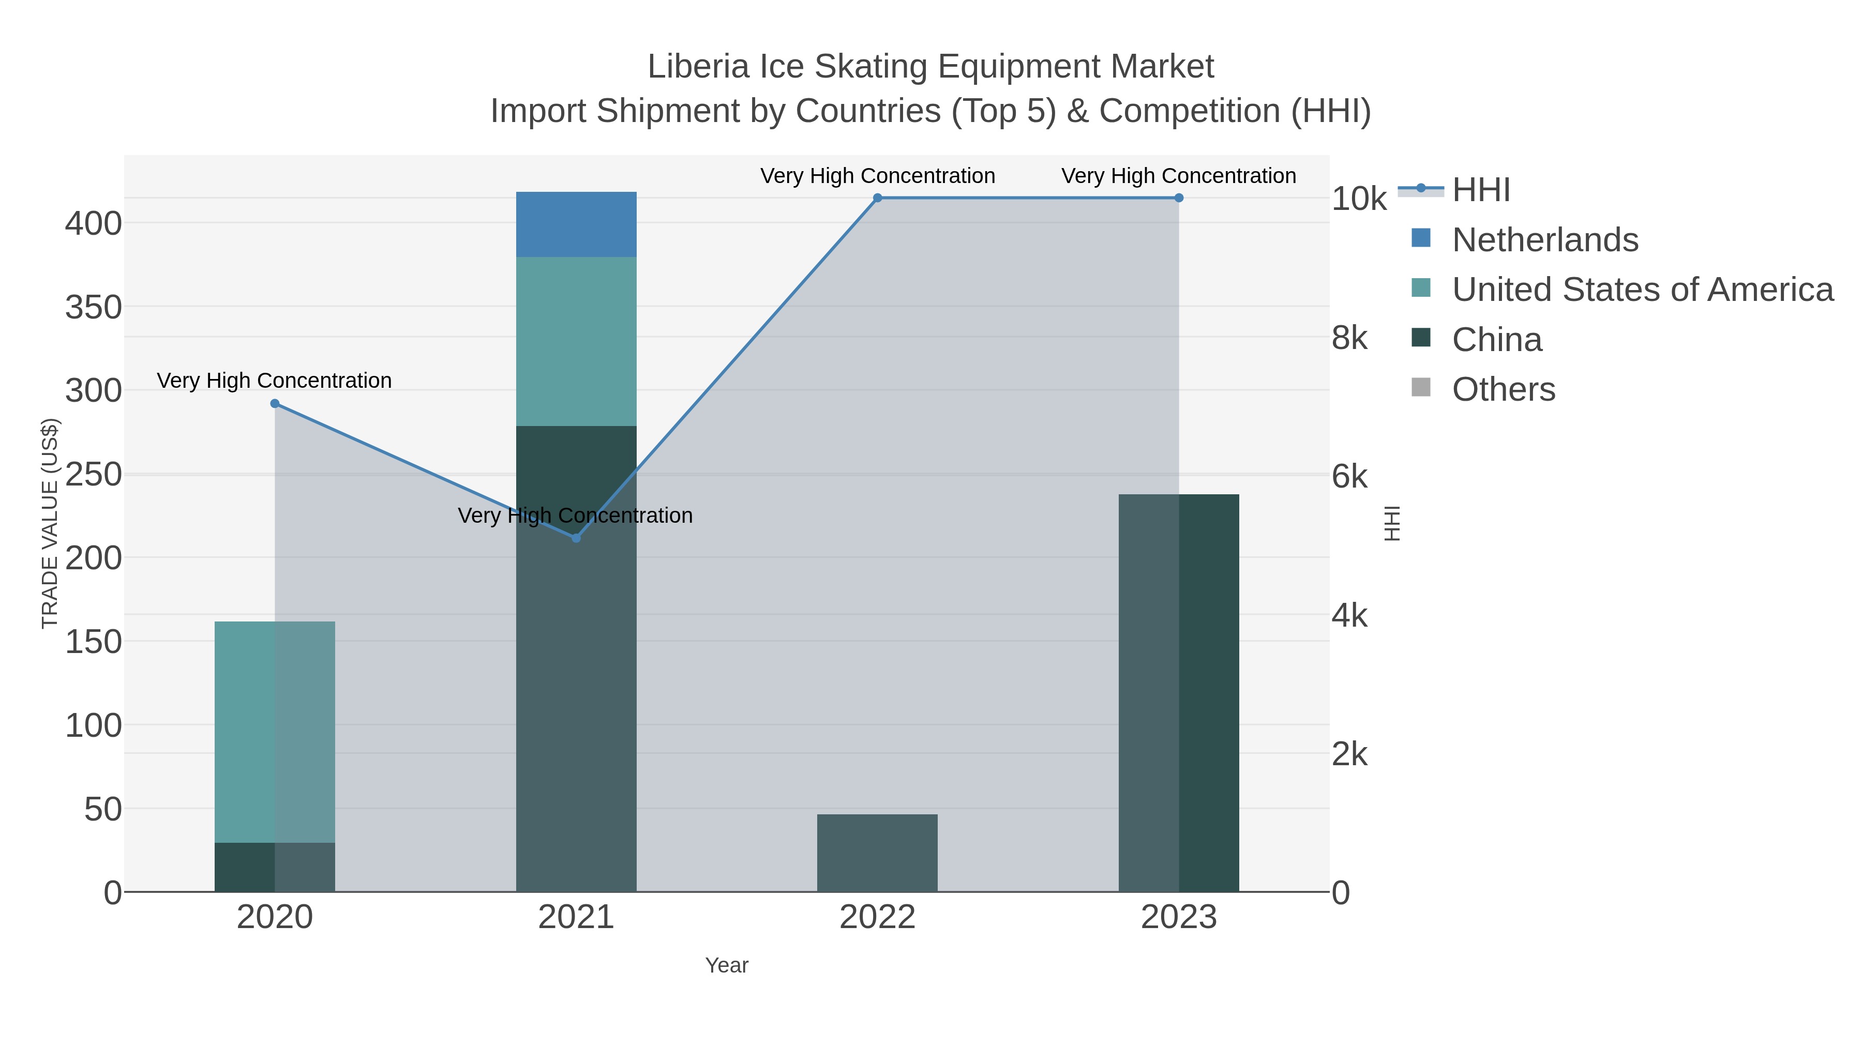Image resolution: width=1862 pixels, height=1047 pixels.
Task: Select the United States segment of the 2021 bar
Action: coord(576,341)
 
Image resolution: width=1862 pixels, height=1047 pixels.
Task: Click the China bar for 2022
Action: coord(877,853)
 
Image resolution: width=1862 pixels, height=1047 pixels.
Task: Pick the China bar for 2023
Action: coord(1178,692)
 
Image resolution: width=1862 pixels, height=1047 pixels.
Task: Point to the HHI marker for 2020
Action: coord(275,404)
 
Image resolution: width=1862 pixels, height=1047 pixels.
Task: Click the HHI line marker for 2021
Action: coord(576,538)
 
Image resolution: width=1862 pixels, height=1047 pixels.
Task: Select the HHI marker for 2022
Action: coord(878,198)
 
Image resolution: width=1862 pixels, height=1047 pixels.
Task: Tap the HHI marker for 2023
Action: coord(1179,198)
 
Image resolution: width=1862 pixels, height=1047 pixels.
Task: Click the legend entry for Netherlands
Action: coord(1544,240)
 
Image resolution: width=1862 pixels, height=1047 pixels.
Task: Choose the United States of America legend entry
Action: coord(1642,290)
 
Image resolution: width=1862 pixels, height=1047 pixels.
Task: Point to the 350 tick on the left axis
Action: coord(94,307)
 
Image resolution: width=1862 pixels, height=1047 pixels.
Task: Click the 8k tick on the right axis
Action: coord(1349,338)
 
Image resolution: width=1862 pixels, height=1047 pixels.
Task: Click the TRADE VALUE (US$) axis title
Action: coord(49,523)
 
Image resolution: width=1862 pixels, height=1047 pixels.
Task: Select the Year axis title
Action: coord(727,965)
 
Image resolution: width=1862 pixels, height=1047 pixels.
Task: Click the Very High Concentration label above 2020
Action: coord(274,381)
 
